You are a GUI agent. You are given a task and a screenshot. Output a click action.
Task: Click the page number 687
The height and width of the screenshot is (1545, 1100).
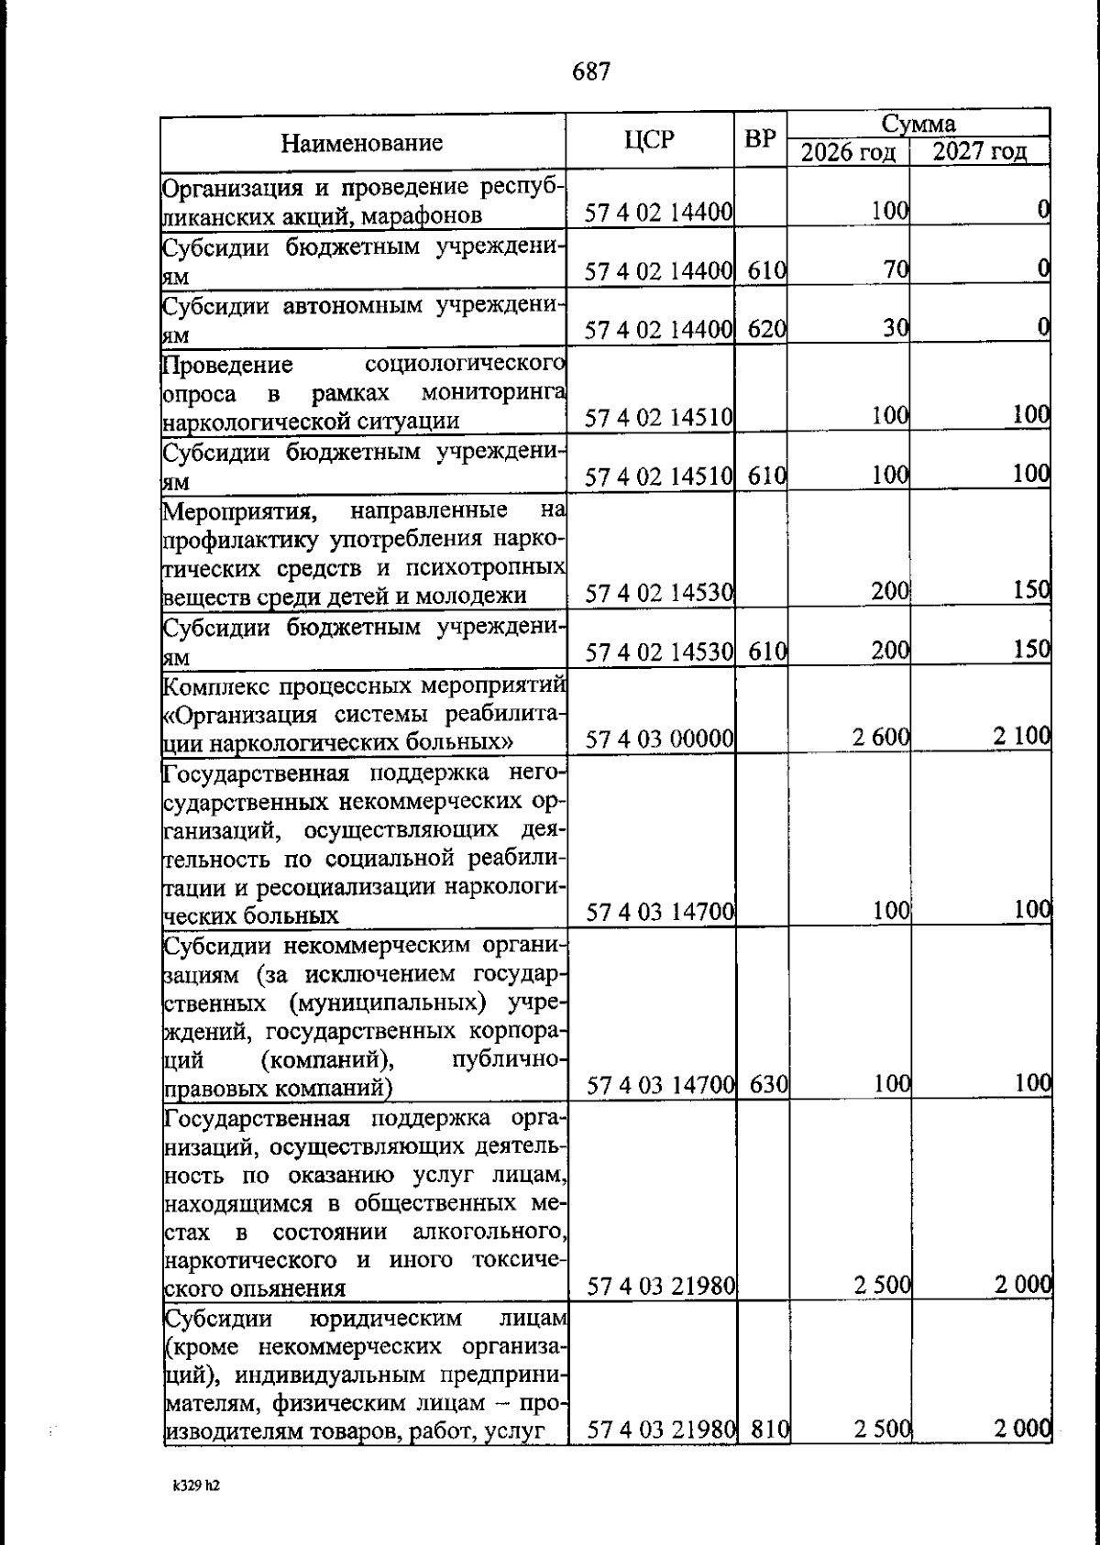[x=591, y=71]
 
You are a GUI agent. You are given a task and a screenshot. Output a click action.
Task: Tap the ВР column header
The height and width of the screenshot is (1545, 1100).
[x=760, y=139]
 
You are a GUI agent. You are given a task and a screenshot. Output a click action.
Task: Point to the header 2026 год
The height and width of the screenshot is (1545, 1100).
[x=848, y=152]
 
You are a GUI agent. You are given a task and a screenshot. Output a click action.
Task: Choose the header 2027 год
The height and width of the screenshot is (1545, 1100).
[x=979, y=152]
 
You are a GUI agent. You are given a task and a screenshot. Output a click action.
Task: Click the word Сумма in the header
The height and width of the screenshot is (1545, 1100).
[x=918, y=124]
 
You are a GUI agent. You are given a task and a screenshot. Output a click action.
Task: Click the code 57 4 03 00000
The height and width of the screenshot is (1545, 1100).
[x=659, y=739]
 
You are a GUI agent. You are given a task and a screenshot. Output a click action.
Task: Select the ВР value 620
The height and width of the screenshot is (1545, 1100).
[x=767, y=328]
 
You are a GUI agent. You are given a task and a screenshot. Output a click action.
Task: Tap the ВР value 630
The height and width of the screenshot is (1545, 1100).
[x=768, y=1085]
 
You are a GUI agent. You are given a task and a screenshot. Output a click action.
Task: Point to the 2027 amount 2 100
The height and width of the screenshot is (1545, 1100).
[x=1021, y=737]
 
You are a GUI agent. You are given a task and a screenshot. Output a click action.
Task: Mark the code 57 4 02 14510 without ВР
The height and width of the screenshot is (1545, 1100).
[x=659, y=419]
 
